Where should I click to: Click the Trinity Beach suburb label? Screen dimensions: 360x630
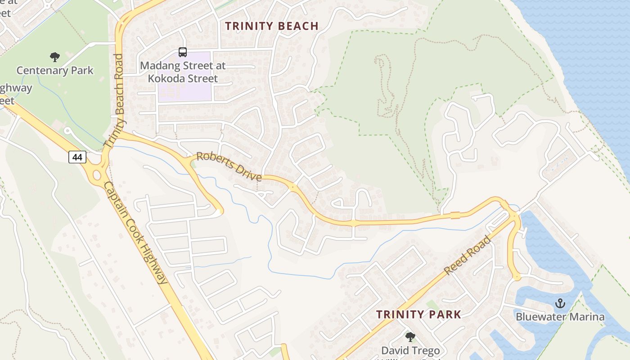pyautogui.click(x=272, y=26)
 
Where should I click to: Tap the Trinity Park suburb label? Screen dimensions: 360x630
pyautogui.click(x=418, y=315)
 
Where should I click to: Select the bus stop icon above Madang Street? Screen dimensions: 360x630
pyautogui.click(x=182, y=52)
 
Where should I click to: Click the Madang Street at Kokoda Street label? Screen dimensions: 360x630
pyautogui.click(x=182, y=72)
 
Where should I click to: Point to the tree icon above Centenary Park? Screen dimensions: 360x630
pyautogui.click(x=55, y=57)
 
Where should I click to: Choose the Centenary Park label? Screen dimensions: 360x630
pyautogui.click(x=55, y=71)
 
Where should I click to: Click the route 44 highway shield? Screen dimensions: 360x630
pyautogui.click(x=77, y=157)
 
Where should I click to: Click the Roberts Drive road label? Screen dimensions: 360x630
pyautogui.click(x=229, y=166)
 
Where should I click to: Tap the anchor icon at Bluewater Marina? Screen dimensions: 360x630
pyautogui.click(x=560, y=303)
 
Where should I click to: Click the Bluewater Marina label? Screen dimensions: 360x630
pyautogui.click(x=560, y=317)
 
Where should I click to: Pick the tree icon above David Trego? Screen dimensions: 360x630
pyautogui.click(x=410, y=337)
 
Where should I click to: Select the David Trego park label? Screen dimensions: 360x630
pyautogui.click(x=410, y=350)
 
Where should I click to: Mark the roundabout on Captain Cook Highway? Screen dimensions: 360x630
pyautogui.click(x=95, y=174)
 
